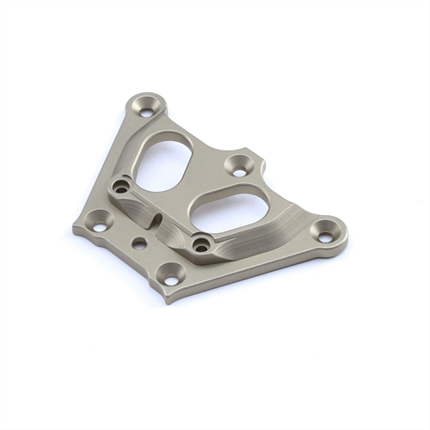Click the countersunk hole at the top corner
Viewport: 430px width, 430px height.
coord(147,109)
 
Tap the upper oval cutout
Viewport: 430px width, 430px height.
coord(168,160)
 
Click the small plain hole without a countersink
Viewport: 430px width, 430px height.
coord(138,244)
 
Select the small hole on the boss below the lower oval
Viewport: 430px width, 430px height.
coord(202,246)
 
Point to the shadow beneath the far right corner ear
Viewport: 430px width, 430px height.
coord(331,255)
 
